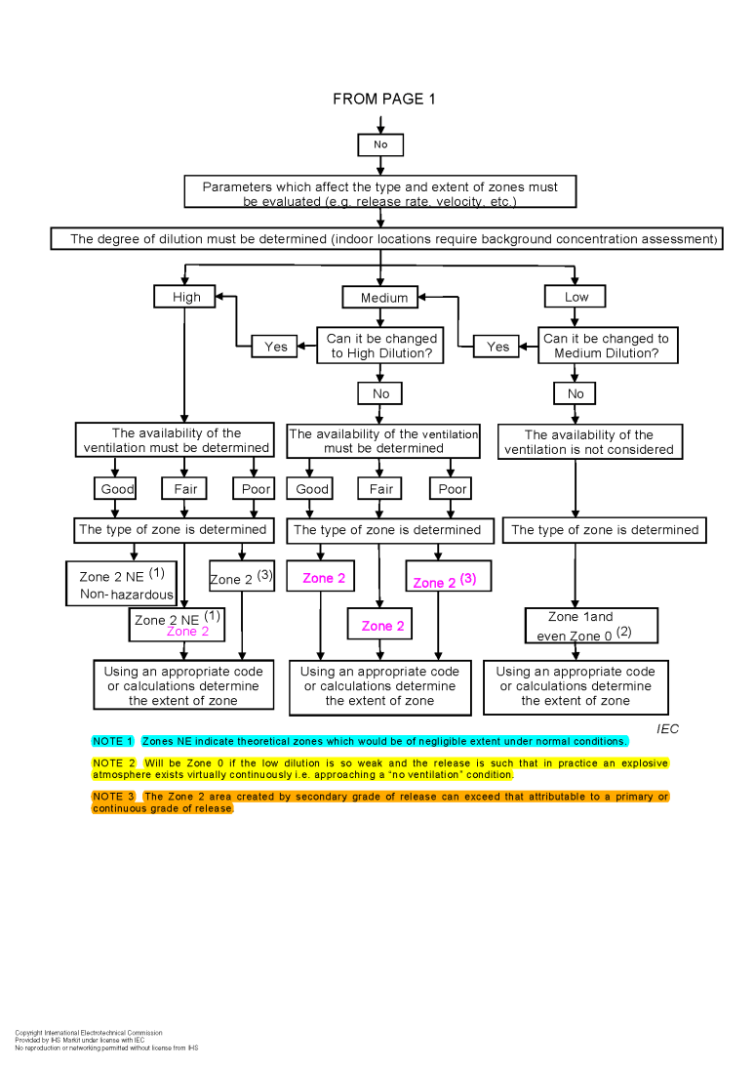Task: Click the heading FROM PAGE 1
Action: click(x=384, y=99)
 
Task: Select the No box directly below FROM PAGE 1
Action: click(x=380, y=144)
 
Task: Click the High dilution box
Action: click(x=185, y=296)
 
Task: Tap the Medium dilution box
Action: click(x=383, y=297)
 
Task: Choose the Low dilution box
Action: click(x=576, y=296)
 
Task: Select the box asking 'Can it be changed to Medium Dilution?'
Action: click(x=606, y=346)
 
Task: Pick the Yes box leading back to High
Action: click(x=276, y=347)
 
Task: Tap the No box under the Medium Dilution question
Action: click(x=576, y=393)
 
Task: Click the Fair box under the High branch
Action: click(x=185, y=488)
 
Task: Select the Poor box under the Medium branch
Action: click(x=452, y=488)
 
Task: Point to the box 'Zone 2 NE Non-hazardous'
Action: click(x=122, y=584)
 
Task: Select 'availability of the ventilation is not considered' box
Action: click(x=589, y=442)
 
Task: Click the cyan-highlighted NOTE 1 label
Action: click(x=113, y=741)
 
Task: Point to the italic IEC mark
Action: click(x=667, y=728)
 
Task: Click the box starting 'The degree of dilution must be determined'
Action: click(x=386, y=239)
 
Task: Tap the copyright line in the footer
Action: click(x=89, y=1032)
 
